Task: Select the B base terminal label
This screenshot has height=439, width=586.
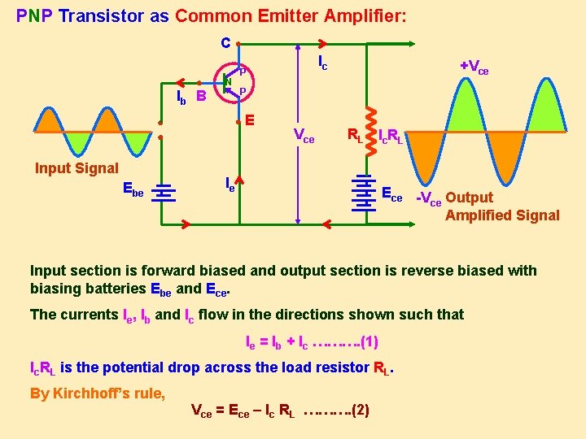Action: click(x=201, y=97)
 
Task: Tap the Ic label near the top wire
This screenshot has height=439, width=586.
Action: click(x=322, y=63)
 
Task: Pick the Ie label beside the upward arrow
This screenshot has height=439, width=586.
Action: click(x=230, y=185)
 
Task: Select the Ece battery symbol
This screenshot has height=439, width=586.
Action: click(x=364, y=193)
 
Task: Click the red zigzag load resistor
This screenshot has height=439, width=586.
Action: click(x=369, y=128)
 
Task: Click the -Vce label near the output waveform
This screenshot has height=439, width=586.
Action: click(x=429, y=198)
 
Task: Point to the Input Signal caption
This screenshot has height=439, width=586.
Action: click(x=77, y=168)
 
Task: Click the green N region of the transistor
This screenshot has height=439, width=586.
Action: click(x=229, y=81)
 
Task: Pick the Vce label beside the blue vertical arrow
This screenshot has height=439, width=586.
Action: click(x=304, y=137)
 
